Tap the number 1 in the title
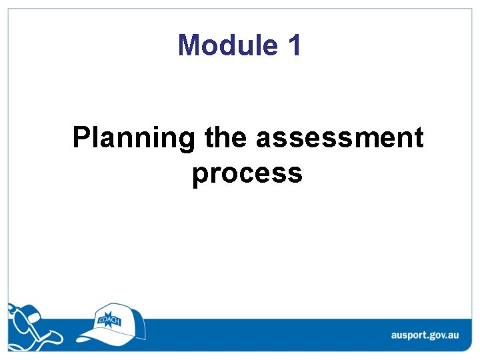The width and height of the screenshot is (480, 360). click(x=294, y=45)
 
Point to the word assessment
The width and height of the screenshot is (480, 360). click(x=339, y=139)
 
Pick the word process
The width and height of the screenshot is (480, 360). click(x=247, y=173)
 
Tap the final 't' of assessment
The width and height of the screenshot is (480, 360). click(x=418, y=139)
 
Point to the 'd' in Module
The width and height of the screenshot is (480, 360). click(x=237, y=45)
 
